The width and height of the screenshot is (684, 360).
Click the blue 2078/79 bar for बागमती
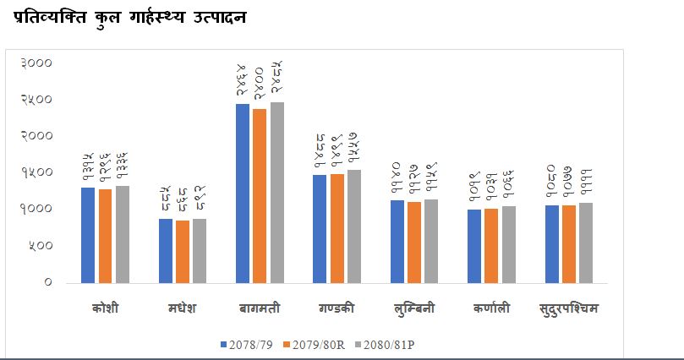click(x=243, y=193)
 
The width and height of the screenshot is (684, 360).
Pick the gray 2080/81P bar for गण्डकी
click(x=353, y=226)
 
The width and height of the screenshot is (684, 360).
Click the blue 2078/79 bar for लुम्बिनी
click(x=397, y=241)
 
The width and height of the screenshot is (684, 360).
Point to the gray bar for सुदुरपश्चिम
click(x=586, y=243)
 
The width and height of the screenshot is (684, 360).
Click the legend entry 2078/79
click(x=248, y=344)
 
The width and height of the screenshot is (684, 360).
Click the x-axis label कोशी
click(x=105, y=308)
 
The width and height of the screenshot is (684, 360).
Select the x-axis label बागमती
click(x=260, y=308)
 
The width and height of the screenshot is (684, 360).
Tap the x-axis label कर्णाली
click(x=491, y=308)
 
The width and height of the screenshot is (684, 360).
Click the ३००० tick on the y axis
click(x=37, y=63)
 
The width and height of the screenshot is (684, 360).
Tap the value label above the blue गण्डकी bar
click(x=320, y=152)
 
